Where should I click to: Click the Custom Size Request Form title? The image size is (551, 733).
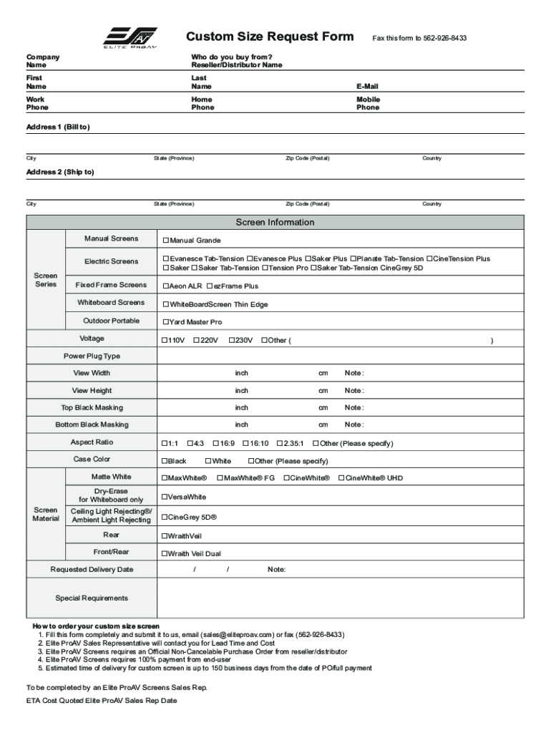(x=270, y=37)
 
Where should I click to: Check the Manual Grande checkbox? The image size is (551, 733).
(x=165, y=241)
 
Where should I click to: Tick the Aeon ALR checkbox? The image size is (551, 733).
(x=165, y=286)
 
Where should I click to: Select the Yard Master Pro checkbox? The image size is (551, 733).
(x=165, y=322)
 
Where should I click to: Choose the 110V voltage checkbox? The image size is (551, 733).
(x=165, y=340)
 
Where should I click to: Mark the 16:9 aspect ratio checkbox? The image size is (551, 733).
(x=215, y=444)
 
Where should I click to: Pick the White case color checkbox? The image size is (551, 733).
(x=208, y=462)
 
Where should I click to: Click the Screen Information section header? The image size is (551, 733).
(x=275, y=222)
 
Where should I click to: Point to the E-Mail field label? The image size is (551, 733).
(x=367, y=86)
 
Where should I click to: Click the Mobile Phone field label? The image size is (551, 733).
(x=368, y=103)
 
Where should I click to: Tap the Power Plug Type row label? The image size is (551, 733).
(x=92, y=356)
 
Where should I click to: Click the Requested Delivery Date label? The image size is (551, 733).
(x=92, y=570)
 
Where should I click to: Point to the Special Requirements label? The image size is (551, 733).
(x=92, y=598)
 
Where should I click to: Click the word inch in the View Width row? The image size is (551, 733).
(x=241, y=373)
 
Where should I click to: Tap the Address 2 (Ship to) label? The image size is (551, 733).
(x=60, y=173)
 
